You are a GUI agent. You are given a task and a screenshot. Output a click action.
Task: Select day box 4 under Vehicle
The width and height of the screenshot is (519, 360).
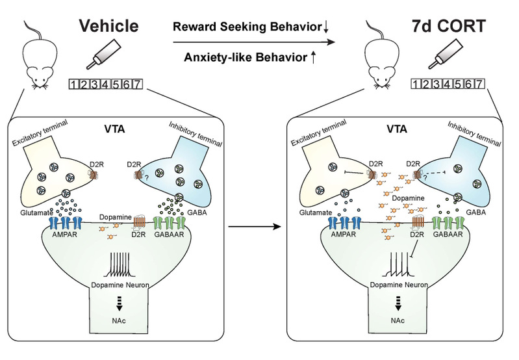click(105, 84)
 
